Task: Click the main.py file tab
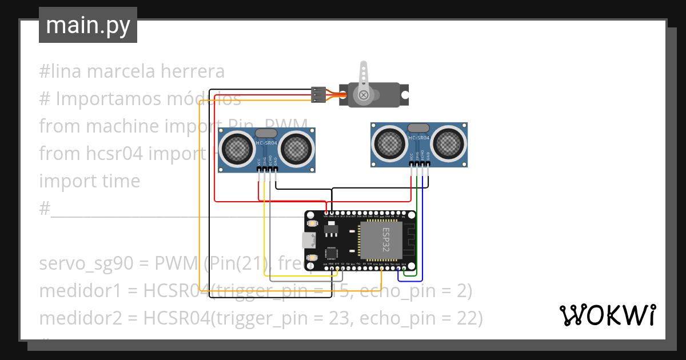[87, 25]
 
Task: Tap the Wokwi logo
[607, 315]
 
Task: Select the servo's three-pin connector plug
[318, 95]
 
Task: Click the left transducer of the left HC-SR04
[236, 148]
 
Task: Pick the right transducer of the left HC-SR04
[297, 148]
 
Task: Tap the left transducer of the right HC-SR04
[389, 142]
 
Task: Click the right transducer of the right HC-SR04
[449, 142]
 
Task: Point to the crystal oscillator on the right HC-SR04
[419, 127]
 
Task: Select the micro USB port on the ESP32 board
[309, 240]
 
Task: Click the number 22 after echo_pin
[464, 318]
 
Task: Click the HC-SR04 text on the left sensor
[267, 142]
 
